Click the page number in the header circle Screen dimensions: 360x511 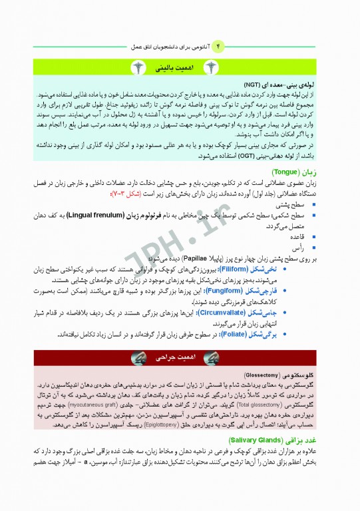221,47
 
